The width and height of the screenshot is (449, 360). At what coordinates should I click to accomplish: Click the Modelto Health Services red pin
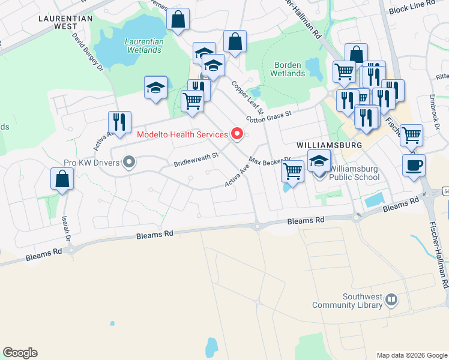[x=237, y=134]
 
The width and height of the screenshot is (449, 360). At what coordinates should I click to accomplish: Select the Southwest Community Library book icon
[x=391, y=299]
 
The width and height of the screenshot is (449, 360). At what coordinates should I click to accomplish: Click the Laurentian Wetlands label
[x=143, y=46]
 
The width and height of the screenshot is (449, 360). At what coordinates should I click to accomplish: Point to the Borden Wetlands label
[x=289, y=69]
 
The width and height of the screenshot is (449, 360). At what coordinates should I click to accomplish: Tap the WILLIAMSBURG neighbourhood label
[x=329, y=146]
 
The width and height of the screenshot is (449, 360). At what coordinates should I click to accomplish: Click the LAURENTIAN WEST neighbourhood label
[x=65, y=22]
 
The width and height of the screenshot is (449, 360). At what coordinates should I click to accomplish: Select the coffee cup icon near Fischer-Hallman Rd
[x=414, y=165]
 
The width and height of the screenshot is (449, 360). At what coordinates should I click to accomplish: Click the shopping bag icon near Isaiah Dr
[x=62, y=178]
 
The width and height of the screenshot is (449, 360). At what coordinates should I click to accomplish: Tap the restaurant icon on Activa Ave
[x=119, y=122]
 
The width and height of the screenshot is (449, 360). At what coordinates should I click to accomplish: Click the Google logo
[x=20, y=353]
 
